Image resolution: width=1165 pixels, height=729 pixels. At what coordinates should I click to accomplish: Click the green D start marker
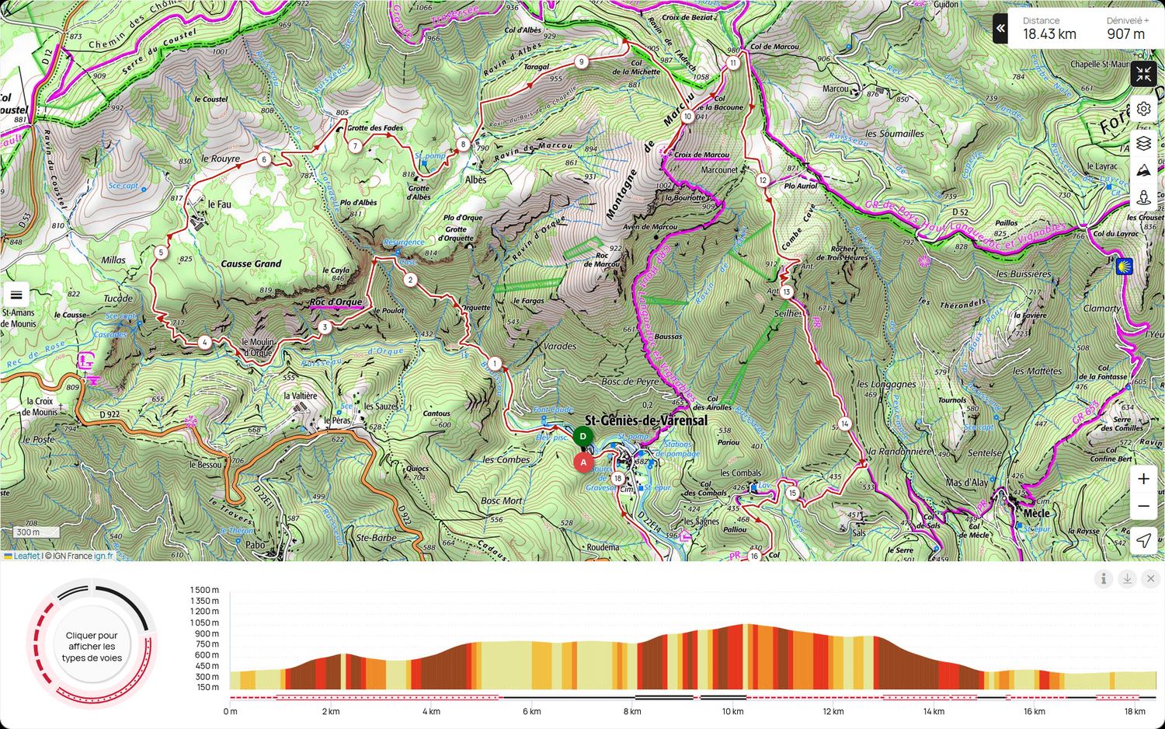click(582, 436)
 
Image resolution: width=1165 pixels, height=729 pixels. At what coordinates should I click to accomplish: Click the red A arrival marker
click(583, 462)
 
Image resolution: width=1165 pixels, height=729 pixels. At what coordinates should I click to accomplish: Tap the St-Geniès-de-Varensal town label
click(645, 420)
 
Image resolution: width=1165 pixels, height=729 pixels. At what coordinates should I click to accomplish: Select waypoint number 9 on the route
click(581, 62)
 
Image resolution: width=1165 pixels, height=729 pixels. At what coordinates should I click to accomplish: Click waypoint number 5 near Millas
click(161, 252)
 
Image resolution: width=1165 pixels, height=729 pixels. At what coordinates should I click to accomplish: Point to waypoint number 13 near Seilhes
click(787, 292)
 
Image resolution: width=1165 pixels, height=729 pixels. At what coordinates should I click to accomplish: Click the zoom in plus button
click(1143, 479)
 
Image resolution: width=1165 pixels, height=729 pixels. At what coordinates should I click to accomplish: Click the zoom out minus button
click(1143, 507)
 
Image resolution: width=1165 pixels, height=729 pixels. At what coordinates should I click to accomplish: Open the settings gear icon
click(1143, 109)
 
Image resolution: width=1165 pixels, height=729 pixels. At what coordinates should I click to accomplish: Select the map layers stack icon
click(1143, 144)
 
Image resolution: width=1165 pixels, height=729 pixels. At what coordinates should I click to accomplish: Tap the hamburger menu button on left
click(16, 295)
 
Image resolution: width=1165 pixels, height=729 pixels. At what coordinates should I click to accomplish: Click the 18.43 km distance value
click(1048, 34)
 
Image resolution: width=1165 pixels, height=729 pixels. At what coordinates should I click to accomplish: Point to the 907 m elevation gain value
click(1125, 34)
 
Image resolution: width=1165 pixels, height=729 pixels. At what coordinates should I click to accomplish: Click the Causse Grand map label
click(251, 263)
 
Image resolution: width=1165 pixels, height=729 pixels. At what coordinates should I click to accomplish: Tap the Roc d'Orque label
click(336, 302)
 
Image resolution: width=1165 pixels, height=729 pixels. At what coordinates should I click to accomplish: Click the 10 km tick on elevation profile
click(732, 711)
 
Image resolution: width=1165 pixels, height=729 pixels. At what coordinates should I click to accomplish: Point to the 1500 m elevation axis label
click(204, 590)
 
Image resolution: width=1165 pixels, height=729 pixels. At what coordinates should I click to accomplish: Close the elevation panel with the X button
click(1150, 578)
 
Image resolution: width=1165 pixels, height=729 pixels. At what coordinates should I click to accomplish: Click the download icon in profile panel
click(1127, 578)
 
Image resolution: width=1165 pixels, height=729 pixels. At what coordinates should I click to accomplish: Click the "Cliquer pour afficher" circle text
click(92, 646)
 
